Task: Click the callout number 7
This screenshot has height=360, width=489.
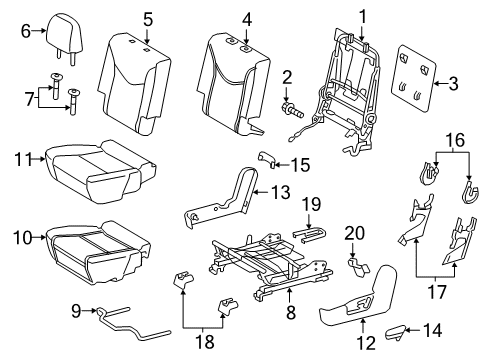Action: pyautogui.click(x=29, y=98)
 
